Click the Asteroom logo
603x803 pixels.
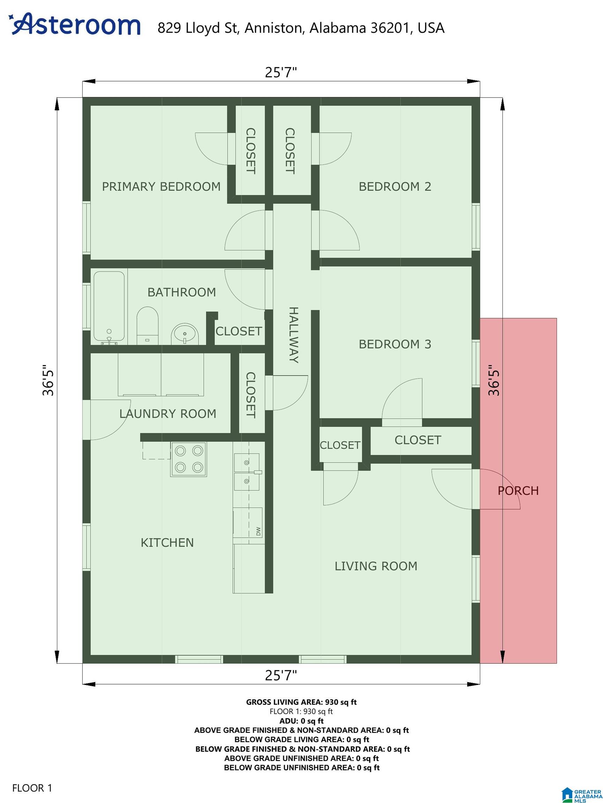click(x=75, y=25)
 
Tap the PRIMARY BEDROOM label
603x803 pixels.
click(x=161, y=186)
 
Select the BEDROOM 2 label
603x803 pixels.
click(x=395, y=186)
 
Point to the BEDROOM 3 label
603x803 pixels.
click(x=395, y=344)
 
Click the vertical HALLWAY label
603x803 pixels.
click(x=294, y=335)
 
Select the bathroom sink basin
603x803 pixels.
click(x=185, y=334)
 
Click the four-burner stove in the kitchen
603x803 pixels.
click(x=189, y=459)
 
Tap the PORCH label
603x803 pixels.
click(x=518, y=491)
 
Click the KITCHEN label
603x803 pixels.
click(x=167, y=543)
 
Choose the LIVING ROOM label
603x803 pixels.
click(x=376, y=566)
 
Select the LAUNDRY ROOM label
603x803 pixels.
click(x=168, y=414)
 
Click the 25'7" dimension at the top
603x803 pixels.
click(x=281, y=72)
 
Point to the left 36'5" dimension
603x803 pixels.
click(x=48, y=380)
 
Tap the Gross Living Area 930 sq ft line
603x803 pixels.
click(x=301, y=702)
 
